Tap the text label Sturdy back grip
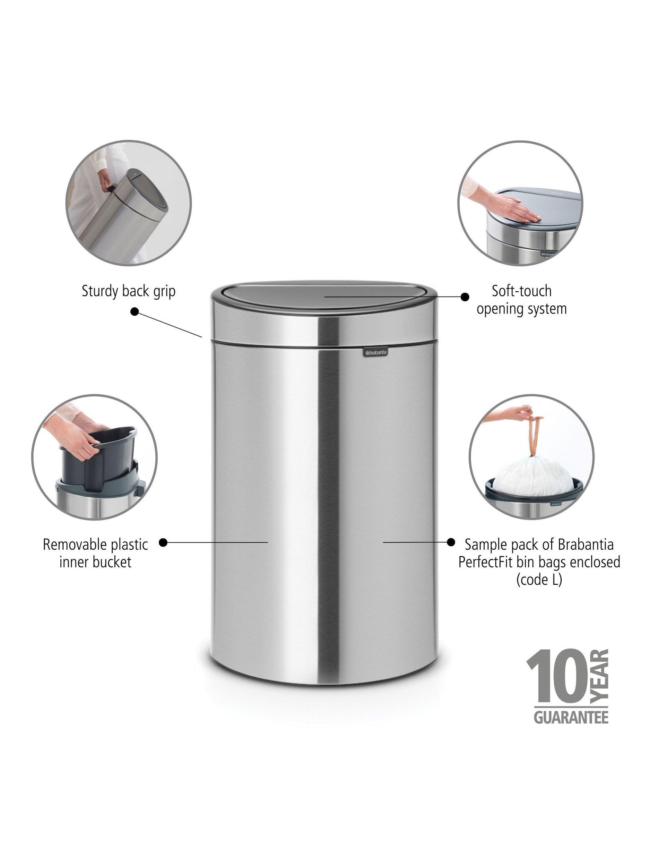(129, 292)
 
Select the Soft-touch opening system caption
(521, 300)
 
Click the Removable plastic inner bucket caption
(95, 553)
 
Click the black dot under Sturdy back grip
(135, 312)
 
